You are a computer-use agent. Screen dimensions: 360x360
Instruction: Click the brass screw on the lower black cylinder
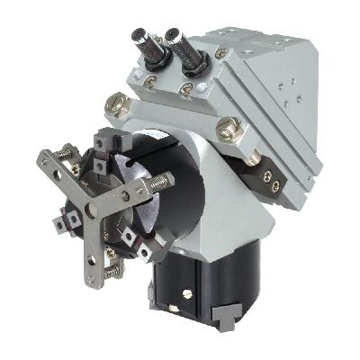coord(187,291)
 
